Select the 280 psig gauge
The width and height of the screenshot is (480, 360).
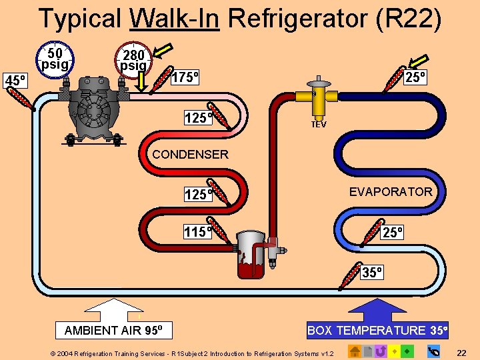tap(133, 59)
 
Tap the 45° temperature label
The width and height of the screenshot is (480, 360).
tap(15, 81)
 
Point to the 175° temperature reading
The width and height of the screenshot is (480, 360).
tap(186, 77)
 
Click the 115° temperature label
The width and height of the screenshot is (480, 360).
tap(197, 232)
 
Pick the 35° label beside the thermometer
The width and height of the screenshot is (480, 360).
tap(372, 272)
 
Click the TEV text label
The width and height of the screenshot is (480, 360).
tap(319, 125)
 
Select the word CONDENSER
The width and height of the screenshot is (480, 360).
tap(190, 155)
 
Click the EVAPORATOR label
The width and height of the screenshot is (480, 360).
tap(391, 192)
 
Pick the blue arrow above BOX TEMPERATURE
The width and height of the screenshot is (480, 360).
tap(377, 309)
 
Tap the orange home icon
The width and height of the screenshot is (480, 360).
tap(355, 351)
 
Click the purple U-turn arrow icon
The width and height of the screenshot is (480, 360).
tap(381, 351)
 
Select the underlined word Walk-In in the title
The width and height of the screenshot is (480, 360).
tap(175, 19)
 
